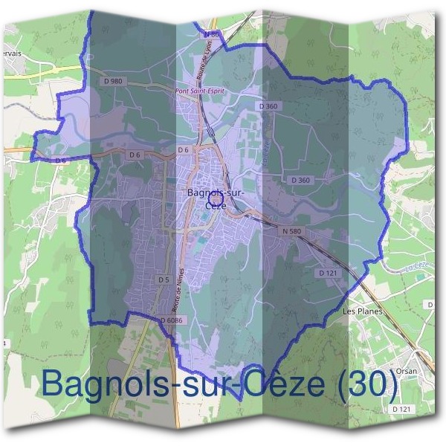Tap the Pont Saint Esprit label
coord(198,92)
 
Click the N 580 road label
coord(292,231)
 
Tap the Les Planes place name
coord(363,311)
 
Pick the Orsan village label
coord(406,370)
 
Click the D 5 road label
coord(164,279)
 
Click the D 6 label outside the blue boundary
coord(60,159)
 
